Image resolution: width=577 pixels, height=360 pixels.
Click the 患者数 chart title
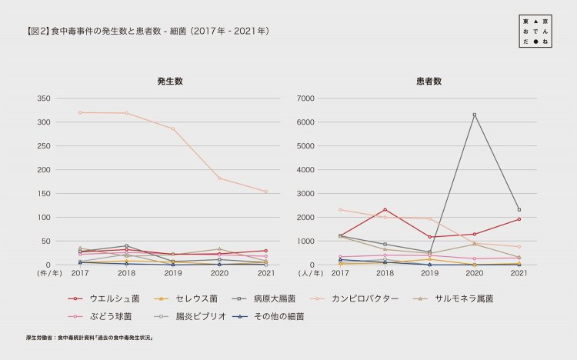(x=429, y=81)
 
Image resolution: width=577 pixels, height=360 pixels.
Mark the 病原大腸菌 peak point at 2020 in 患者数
(x=474, y=115)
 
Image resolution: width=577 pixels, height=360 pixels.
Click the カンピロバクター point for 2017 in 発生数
(x=80, y=112)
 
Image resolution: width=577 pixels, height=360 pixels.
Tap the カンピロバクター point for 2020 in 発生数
(x=219, y=178)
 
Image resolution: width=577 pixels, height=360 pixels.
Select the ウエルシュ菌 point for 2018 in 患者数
(x=385, y=209)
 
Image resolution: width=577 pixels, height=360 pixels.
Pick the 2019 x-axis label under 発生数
(x=172, y=273)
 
